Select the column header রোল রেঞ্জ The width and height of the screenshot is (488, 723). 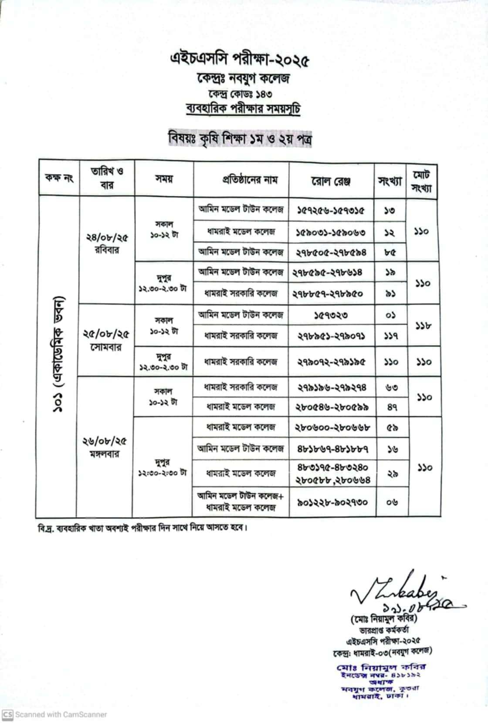331,181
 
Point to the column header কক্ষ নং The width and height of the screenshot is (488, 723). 59,178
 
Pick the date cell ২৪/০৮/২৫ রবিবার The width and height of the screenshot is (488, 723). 107,243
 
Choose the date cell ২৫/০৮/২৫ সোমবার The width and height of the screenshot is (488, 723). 107,340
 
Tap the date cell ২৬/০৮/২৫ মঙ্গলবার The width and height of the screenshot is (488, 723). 105,447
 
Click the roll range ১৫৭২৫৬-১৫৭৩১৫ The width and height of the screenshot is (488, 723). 331,211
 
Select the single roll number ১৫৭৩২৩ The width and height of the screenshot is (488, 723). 331,315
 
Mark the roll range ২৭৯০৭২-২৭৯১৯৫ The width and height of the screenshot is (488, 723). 332,362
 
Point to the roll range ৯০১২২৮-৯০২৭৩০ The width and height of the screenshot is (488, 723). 332,502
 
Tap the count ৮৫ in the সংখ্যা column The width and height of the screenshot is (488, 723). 390,252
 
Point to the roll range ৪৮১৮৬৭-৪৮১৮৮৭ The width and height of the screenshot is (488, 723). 333,449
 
